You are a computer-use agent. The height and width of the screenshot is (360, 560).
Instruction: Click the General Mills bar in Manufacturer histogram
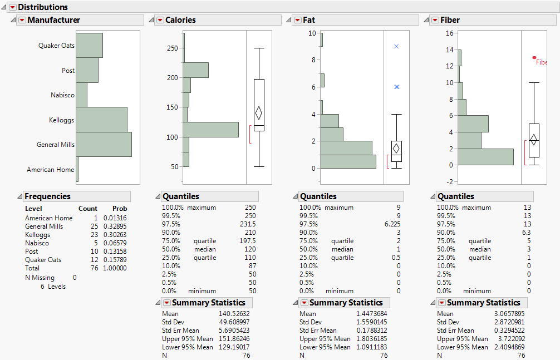click(x=104, y=144)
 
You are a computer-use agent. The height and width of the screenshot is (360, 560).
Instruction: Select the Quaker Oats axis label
click(x=56, y=46)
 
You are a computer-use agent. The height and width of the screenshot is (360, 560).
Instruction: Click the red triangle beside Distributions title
click(x=12, y=7)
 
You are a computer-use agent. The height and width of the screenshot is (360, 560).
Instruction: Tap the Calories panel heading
click(x=180, y=20)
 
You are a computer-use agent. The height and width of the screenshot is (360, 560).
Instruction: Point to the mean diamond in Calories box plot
click(x=258, y=113)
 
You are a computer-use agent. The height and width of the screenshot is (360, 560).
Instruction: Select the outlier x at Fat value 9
click(x=396, y=46)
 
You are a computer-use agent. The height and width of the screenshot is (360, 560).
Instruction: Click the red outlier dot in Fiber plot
click(x=534, y=57)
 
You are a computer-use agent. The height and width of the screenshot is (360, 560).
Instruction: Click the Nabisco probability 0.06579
click(x=115, y=243)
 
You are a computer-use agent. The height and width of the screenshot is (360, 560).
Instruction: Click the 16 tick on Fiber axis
click(x=449, y=33)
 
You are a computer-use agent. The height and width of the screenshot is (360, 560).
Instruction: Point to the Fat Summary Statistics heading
click(x=346, y=303)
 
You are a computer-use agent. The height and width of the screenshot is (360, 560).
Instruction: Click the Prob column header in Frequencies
click(x=120, y=209)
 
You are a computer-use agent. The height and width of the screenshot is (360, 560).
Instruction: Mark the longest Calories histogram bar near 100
click(x=210, y=129)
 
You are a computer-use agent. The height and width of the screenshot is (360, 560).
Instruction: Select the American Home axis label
click(x=50, y=170)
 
